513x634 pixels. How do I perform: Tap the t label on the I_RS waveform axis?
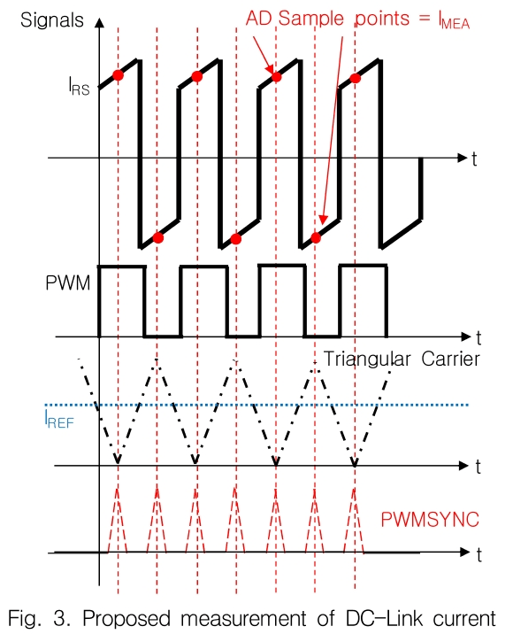(x=475, y=159)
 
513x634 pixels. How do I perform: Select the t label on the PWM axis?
(x=477, y=337)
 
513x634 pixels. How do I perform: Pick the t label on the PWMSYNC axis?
(x=477, y=555)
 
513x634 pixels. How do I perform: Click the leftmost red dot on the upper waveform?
(x=118, y=75)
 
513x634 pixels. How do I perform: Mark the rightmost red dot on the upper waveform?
(x=355, y=79)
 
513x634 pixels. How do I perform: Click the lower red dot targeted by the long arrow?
(x=316, y=236)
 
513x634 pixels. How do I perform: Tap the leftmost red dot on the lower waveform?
(x=157, y=236)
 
